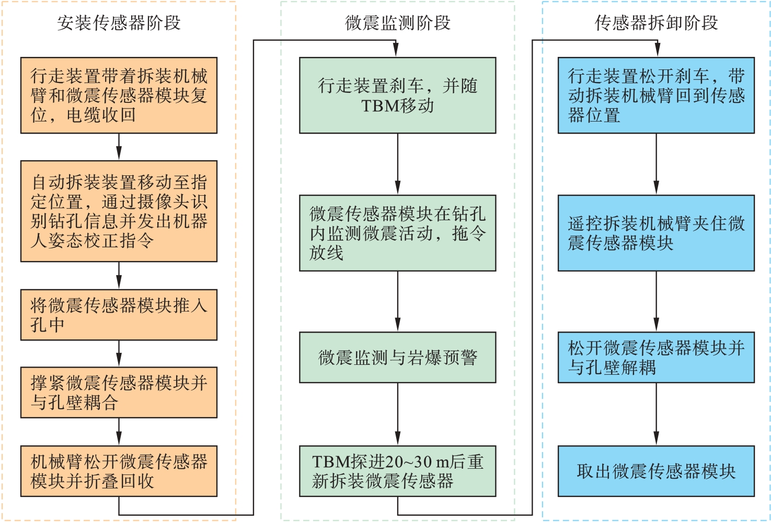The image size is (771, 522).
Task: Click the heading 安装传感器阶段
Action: (119, 23)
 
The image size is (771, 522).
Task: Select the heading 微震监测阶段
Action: (397, 23)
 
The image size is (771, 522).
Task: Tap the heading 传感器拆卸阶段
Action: (656, 23)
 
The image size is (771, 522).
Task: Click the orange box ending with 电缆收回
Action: (119, 96)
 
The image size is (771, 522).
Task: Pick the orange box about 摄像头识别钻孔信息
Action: (119, 211)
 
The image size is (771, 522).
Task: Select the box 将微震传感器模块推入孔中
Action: (119, 315)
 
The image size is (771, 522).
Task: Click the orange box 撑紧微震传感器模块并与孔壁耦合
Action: (119, 393)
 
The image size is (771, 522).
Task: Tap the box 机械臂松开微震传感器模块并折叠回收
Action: (119, 471)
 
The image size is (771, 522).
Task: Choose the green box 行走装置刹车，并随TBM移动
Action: (397, 96)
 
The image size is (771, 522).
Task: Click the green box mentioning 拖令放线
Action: (397, 233)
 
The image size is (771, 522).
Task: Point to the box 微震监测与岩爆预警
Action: (397, 358)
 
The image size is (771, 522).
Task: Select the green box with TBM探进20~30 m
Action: (397, 471)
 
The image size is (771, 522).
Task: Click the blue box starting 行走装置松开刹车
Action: (656, 96)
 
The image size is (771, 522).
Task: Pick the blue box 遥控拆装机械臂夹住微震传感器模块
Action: (656, 233)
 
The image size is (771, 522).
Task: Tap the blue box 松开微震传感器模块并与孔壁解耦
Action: (656, 358)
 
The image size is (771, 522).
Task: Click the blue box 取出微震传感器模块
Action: (656, 471)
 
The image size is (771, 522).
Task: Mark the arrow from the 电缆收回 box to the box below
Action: (119, 147)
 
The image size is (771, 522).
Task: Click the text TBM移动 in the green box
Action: (397, 106)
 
